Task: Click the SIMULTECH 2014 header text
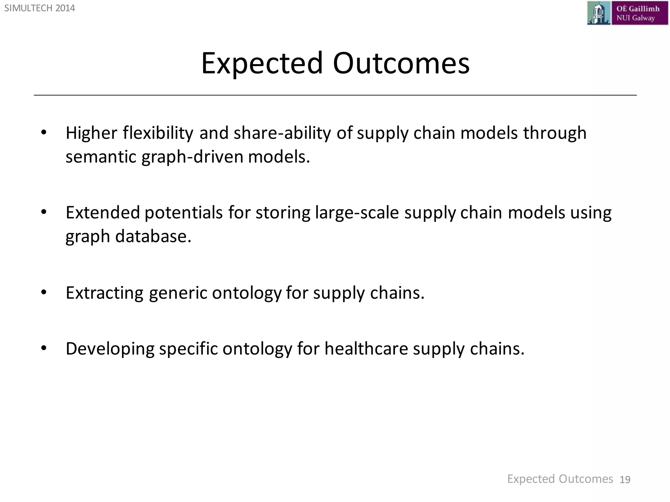40,8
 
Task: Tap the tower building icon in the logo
598,13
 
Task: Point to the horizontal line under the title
335,95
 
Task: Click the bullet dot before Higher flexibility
44,133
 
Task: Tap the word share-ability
282,133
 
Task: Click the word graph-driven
193,157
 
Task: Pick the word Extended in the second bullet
103,212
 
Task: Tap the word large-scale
357,213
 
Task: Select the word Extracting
104,293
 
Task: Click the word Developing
110,348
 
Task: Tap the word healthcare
366,348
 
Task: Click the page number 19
625,480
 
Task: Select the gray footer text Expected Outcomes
560,479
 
